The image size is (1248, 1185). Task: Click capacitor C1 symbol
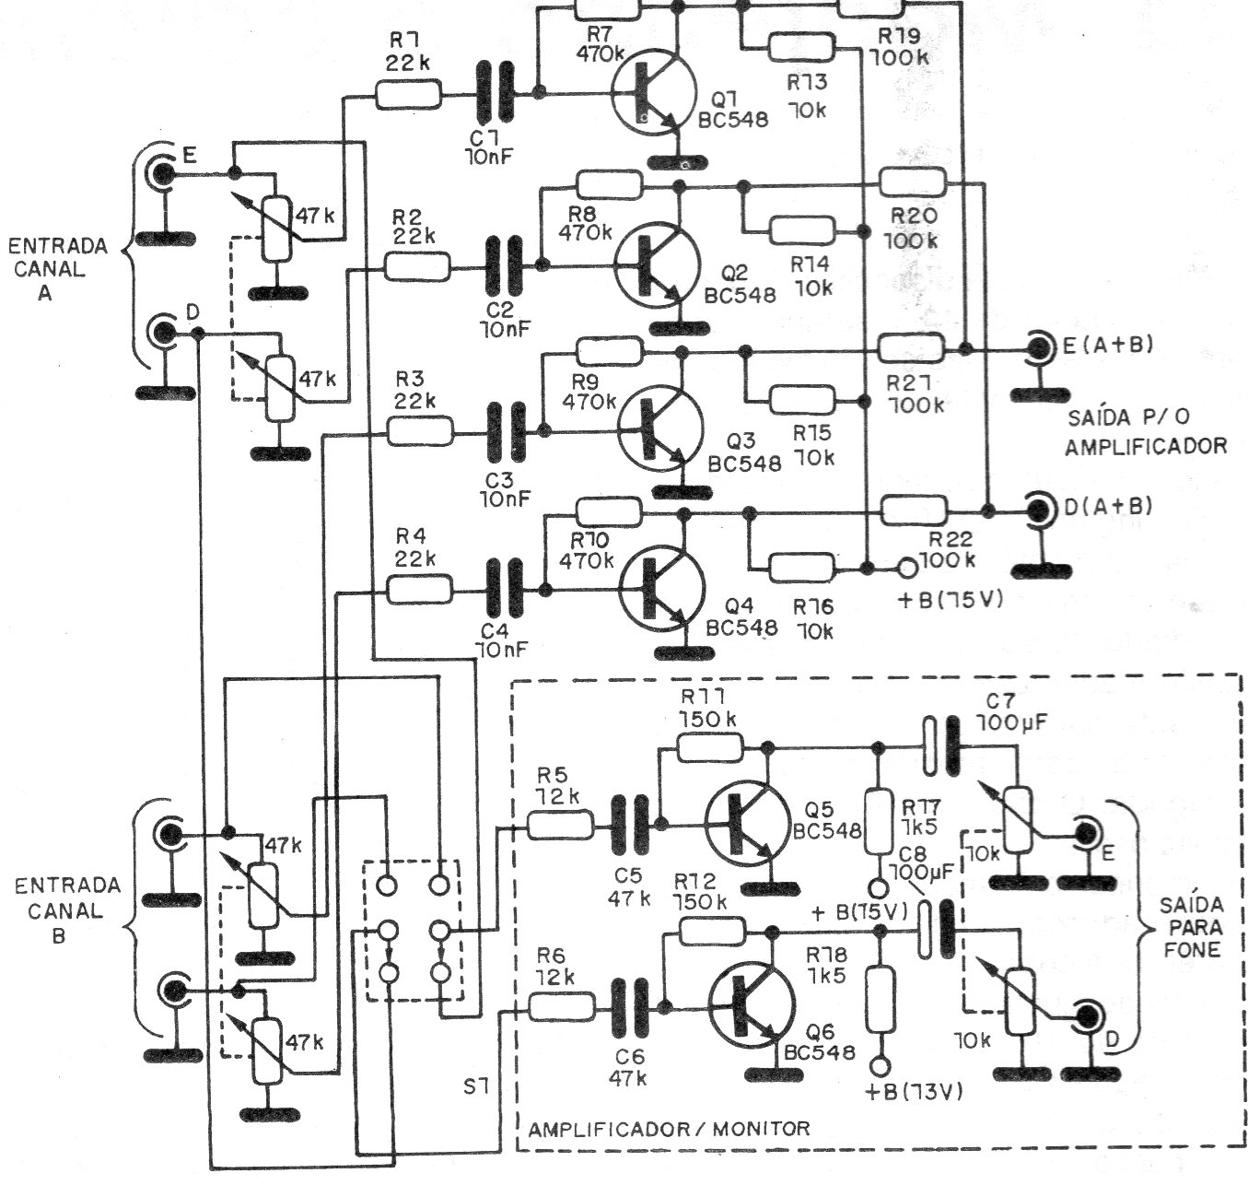pos(496,92)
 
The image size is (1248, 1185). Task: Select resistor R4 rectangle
pos(420,590)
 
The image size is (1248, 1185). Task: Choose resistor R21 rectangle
pos(912,349)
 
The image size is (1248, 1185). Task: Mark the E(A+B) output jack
pos(1041,347)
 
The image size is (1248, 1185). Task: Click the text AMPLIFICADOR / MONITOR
pos(670,1128)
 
